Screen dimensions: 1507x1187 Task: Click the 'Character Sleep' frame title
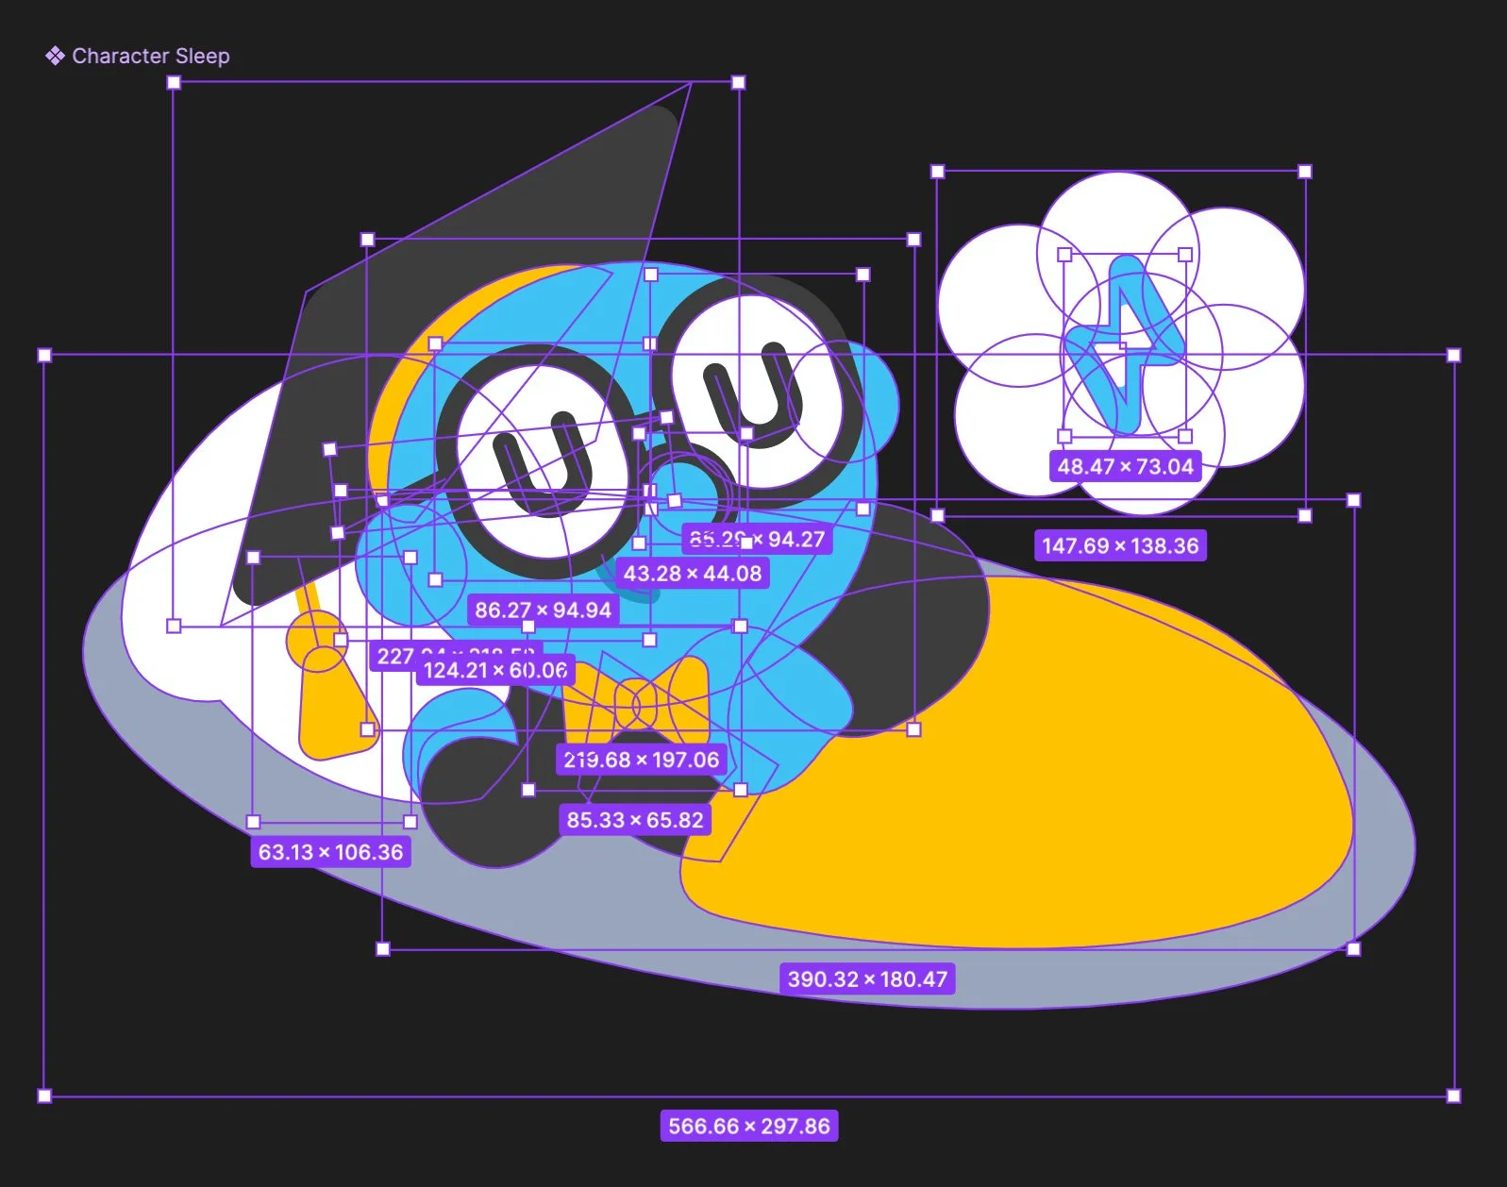tap(150, 57)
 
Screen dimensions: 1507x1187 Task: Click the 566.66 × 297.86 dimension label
tap(748, 1126)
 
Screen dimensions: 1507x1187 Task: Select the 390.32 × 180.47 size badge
tap(867, 979)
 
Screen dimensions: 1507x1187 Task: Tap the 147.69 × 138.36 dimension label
tap(1120, 545)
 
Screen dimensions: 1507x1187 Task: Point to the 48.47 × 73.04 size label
tap(1125, 466)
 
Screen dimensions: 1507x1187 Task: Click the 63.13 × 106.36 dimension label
tap(330, 852)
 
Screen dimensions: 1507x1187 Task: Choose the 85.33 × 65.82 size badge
tap(635, 820)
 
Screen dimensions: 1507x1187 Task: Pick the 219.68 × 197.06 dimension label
tap(641, 760)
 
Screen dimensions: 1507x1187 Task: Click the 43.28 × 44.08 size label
tap(692, 573)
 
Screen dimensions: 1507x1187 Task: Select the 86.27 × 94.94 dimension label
tap(543, 610)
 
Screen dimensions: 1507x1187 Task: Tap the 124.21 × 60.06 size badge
tap(494, 671)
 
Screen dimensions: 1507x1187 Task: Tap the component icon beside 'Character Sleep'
tap(55, 57)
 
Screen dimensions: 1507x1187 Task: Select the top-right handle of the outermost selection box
tap(1453, 356)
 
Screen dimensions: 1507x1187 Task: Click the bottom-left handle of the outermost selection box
tap(44, 1095)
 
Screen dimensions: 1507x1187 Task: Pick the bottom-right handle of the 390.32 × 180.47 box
tap(1353, 948)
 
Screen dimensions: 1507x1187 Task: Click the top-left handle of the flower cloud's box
tap(937, 172)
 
